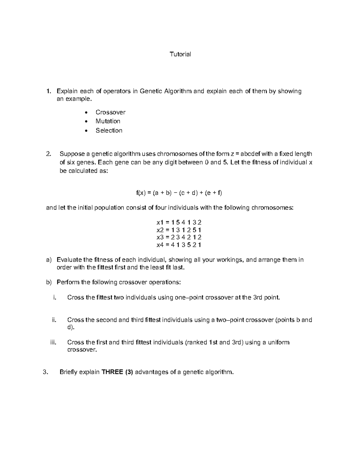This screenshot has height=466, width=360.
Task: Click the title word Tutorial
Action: click(x=180, y=54)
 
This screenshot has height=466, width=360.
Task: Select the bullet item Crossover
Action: click(x=110, y=112)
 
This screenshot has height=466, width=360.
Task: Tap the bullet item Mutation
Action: click(x=108, y=121)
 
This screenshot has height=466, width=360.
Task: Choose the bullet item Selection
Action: click(x=109, y=131)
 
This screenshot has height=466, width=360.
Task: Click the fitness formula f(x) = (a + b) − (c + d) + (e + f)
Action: click(x=179, y=193)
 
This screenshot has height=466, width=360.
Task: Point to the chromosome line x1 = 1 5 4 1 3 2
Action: click(x=179, y=222)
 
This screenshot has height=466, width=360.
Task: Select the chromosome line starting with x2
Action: click(x=179, y=230)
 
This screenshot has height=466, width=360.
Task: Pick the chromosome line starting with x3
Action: click(x=179, y=237)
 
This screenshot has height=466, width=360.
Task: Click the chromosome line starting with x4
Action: click(x=179, y=245)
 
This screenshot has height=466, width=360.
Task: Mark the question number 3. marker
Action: click(x=46, y=372)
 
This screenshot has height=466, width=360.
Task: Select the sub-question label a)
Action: click(x=49, y=260)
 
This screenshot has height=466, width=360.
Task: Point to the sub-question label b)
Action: click(x=49, y=282)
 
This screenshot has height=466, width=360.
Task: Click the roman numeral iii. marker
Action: click(x=53, y=342)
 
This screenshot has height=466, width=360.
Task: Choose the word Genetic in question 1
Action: click(x=151, y=91)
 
